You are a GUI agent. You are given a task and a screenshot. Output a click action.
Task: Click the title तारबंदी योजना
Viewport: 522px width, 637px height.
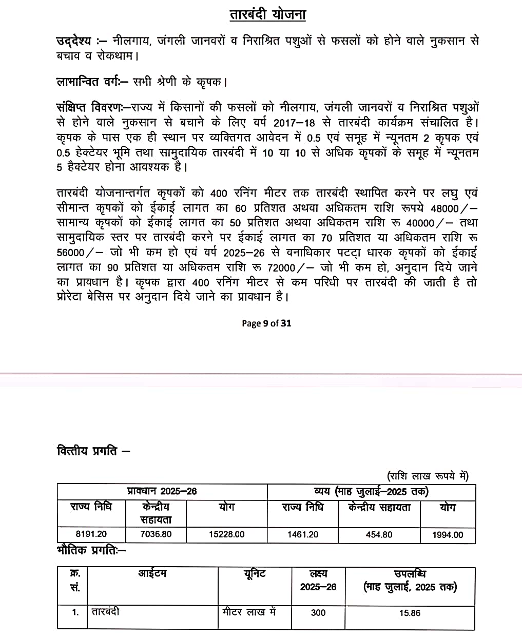(x=267, y=14)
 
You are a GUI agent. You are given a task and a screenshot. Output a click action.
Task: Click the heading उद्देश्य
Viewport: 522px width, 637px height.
(x=73, y=41)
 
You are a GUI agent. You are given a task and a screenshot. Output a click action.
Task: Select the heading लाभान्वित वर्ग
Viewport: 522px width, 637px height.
(x=91, y=82)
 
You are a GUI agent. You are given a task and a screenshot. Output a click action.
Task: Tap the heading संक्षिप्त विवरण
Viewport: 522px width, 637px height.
(x=92, y=108)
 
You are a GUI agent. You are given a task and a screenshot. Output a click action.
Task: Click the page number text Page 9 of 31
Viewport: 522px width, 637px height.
(x=266, y=323)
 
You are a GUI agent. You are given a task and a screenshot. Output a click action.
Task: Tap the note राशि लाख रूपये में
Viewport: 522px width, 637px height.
(x=428, y=476)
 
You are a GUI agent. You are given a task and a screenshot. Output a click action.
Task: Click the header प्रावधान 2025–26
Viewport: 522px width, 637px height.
(x=162, y=491)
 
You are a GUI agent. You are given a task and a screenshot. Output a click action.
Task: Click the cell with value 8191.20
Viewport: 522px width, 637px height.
(x=91, y=534)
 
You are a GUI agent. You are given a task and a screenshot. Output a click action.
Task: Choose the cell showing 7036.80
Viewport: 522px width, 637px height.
(x=156, y=534)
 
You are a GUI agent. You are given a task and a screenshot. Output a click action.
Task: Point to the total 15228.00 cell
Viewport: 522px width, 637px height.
(x=226, y=534)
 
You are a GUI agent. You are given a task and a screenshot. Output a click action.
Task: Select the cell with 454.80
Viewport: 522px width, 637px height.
(x=379, y=534)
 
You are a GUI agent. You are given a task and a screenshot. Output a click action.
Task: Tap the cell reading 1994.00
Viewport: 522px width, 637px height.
(x=447, y=535)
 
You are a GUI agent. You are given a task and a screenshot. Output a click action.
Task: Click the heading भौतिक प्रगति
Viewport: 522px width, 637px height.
(x=90, y=551)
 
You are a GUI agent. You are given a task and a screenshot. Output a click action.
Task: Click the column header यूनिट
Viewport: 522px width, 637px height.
(x=255, y=574)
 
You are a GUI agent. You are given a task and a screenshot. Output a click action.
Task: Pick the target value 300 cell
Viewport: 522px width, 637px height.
(x=318, y=612)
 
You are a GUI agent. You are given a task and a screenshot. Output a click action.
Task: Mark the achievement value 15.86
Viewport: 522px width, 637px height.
(x=410, y=612)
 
